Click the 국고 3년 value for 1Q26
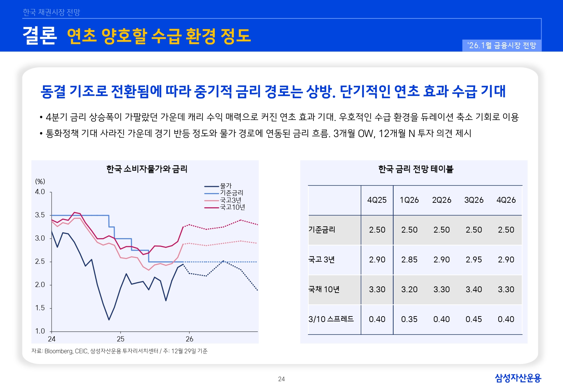[x=409, y=260]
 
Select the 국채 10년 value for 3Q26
[x=474, y=289]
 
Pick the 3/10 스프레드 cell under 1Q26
[x=409, y=319]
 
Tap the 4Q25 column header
[x=377, y=200]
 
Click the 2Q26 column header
[x=441, y=200]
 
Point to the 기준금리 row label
[x=322, y=230]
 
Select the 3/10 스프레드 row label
[x=331, y=319]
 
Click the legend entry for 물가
[x=226, y=186]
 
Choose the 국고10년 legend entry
[x=232, y=207]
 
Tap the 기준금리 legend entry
[x=231, y=193]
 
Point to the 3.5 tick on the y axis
[x=40, y=215]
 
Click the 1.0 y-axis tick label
[x=40, y=331]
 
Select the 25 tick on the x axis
[x=121, y=339]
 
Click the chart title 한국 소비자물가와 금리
[x=147, y=169]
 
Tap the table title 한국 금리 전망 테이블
[x=415, y=169]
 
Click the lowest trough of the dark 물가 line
[x=109, y=320]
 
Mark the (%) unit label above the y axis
[x=40, y=182]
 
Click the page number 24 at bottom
[x=281, y=379]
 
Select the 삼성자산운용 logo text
[x=518, y=378]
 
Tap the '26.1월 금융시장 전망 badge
[x=501, y=45]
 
